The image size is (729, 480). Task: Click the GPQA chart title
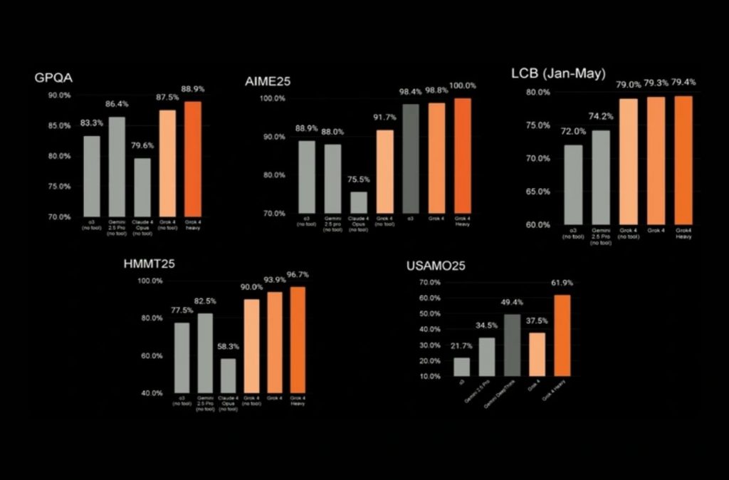pyautogui.click(x=52, y=78)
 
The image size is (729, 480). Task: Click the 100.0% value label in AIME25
pyautogui.click(x=463, y=85)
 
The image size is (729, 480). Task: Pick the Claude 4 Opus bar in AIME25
pyautogui.click(x=359, y=203)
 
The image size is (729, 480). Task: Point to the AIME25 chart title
pyautogui.click(x=263, y=83)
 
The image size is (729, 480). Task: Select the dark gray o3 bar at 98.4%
pyautogui.click(x=411, y=159)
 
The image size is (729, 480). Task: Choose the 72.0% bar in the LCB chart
pyautogui.click(x=573, y=184)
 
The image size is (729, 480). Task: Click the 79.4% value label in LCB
pyautogui.click(x=683, y=82)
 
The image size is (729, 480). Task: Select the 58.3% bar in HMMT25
pyautogui.click(x=228, y=375)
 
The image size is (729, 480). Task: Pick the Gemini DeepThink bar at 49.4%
pyautogui.click(x=512, y=345)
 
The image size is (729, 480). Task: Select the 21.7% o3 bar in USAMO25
pyautogui.click(x=461, y=367)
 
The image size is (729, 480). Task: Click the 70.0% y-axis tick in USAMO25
pyautogui.click(x=431, y=283)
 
